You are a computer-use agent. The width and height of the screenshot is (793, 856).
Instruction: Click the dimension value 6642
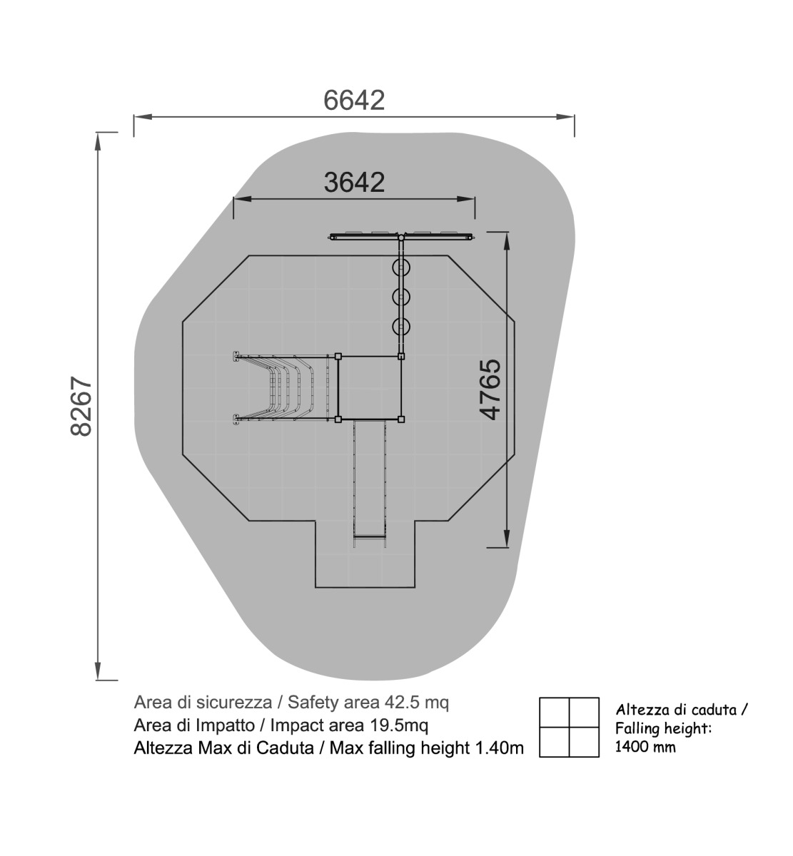point(354,100)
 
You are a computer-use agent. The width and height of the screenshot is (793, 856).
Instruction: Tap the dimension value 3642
point(354,182)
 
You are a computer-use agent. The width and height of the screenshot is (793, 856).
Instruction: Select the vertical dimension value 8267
point(81,406)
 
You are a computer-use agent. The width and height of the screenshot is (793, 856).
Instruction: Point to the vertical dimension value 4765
point(490,389)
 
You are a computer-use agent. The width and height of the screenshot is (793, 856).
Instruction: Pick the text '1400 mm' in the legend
point(645,747)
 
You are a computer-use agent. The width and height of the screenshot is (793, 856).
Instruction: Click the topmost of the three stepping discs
point(401,267)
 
